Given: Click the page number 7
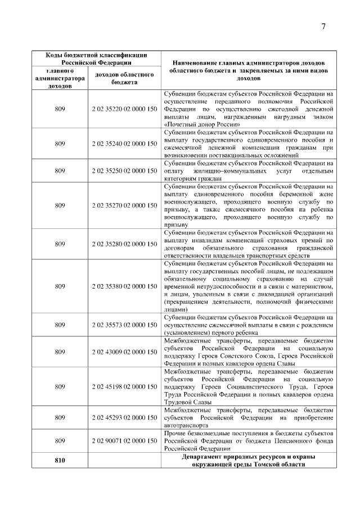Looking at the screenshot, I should (324, 26).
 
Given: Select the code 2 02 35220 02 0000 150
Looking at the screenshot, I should (124, 109).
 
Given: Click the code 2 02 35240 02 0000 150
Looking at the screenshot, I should (124, 144).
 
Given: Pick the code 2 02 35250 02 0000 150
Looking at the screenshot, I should (124, 171).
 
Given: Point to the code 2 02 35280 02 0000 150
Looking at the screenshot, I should (124, 244).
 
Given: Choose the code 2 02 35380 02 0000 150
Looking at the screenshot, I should (124, 286).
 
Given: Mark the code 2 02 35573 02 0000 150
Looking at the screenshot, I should (124, 325).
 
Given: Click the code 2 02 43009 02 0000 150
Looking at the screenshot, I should (124, 352).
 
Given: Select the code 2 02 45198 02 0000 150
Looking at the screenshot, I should (124, 387).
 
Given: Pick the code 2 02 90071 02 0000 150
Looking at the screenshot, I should (124, 442).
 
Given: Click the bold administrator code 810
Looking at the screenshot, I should (60, 461).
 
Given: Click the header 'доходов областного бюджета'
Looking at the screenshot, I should (124, 78).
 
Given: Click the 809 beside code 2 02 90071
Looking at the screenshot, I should (60, 442).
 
